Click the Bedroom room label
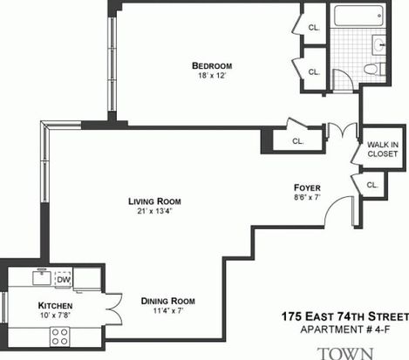coord(212,65)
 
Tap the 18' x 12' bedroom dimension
coord(212,76)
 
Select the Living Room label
coord(154,201)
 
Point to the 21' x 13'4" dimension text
coord(154,211)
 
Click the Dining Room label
coord(168,301)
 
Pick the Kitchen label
coord(55,306)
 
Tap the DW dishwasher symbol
coord(64,280)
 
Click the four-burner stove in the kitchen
coord(59,336)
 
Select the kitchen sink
coord(42,277)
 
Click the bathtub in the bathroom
coord(359,16)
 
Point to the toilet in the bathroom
coord(374,69)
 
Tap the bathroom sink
coord(379,45)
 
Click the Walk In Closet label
coord(383,149)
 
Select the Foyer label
coord(307,187)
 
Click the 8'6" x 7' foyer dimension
coord(307,198)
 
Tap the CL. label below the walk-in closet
coord(372,185)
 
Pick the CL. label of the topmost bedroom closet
coord(314,28)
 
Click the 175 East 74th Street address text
coord(345,316)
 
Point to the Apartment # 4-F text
coord(345,329)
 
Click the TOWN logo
coord(345,353)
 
